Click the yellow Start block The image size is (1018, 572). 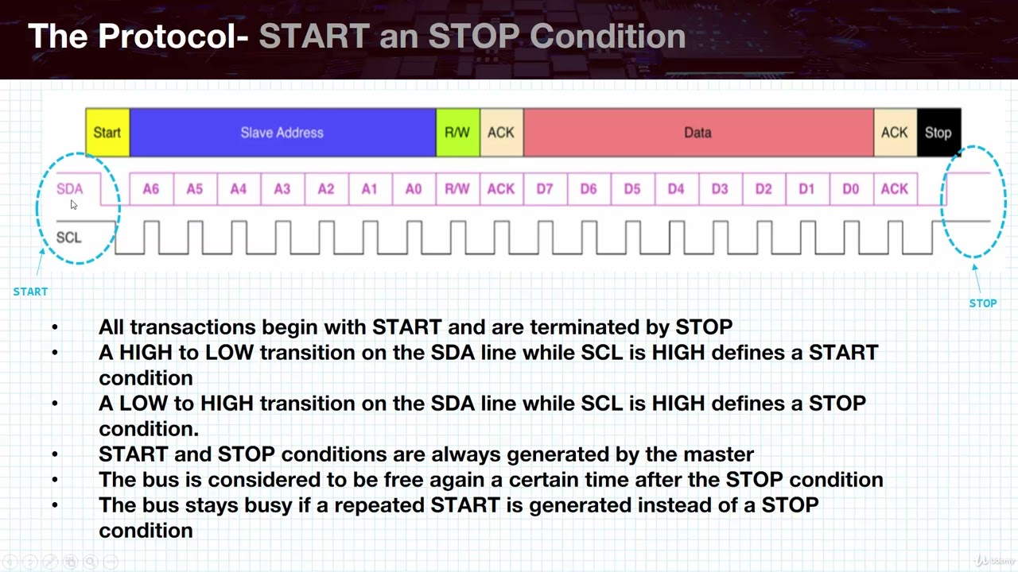point(107,133)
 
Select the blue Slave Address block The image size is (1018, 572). point(282,133)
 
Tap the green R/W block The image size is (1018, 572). point(457,133)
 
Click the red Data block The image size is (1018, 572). point(697,133)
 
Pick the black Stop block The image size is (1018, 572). point(938,133)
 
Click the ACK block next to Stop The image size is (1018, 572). point(894,133)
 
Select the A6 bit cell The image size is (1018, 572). point(151,189)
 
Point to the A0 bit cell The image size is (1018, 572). point(414,189)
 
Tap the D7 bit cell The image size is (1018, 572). point(545,189)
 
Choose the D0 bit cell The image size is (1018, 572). point(850,189)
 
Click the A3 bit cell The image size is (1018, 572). point(282,189)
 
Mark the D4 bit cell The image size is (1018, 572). point(676,189)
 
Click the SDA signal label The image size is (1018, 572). point(70,189)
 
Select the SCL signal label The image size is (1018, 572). point(69,238)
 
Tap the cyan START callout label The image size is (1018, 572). point(30,292)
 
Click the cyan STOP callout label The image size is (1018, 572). point(982,303)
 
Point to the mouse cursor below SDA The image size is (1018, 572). point(73,205)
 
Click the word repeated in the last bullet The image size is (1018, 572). point(379,505)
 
